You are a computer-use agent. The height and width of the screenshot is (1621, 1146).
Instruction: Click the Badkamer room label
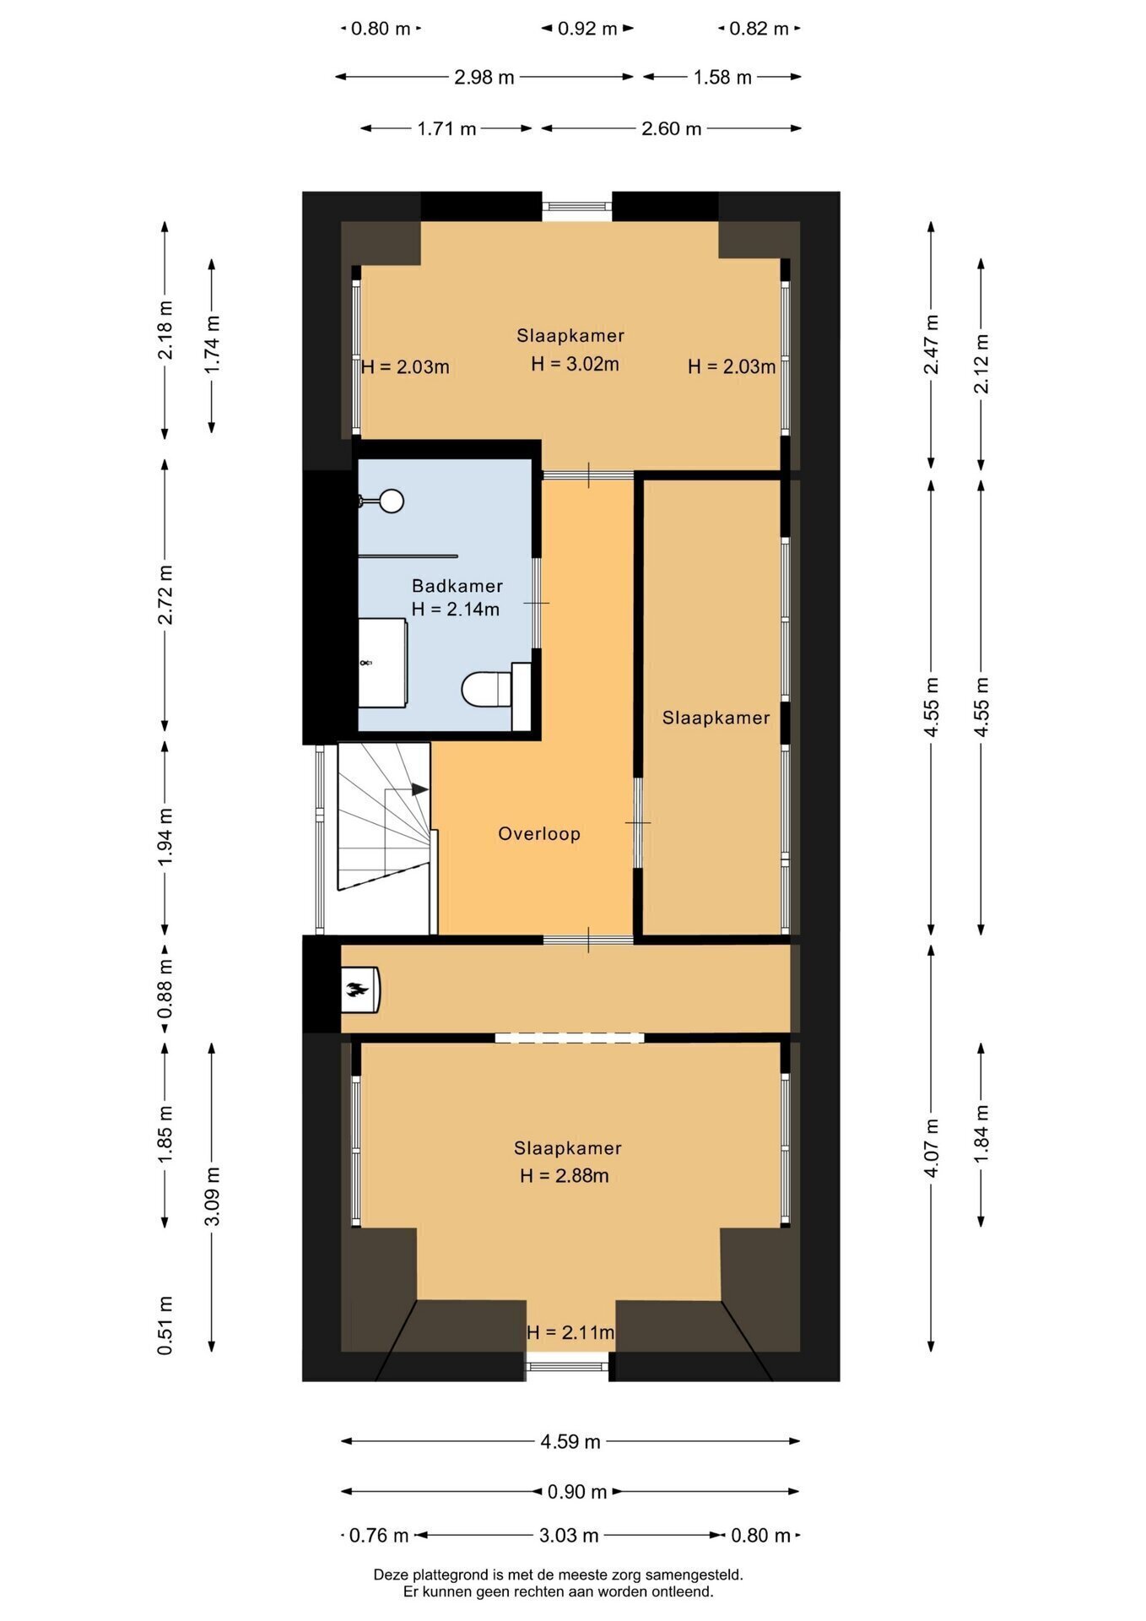click(x=457, y=585)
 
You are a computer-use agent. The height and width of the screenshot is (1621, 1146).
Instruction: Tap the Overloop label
click(x=539, y=834)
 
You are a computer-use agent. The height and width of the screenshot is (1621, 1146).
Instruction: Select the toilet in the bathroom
click(x=487, y=689)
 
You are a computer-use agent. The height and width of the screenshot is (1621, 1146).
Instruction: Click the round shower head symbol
click(x=391, y=501)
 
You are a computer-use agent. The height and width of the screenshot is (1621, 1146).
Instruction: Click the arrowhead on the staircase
click(x=420, y=789)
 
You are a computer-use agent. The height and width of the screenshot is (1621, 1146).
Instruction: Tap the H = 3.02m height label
click(x=575, y=364)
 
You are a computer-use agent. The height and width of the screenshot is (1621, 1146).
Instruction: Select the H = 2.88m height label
click(x=564, y=1175)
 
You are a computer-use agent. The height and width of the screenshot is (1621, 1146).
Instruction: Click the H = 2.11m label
click(x=570, y=1332)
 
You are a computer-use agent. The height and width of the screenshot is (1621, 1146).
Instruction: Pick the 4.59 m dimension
click(x=570, y=1441)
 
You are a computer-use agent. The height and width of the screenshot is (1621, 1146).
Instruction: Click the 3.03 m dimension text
click(x=569, y=1535)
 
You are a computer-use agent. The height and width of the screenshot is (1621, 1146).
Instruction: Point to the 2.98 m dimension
click(x=484, y=77)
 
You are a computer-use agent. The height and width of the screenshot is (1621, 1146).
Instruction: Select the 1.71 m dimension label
click(x=446, y=128)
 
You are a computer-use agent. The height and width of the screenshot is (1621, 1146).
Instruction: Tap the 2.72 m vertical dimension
click(x=165, y=594)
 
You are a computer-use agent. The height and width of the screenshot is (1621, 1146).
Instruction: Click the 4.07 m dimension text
click(x=932, y=1147)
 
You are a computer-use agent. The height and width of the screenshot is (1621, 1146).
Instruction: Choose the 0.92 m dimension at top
click(x=587, y=29)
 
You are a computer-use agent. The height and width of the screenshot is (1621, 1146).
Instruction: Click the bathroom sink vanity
click(x=383, y=663)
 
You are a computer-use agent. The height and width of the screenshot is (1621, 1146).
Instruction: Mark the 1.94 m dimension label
click(x=165, y=835)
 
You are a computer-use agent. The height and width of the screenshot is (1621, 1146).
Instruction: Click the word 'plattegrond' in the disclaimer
click(x=455, y=1575)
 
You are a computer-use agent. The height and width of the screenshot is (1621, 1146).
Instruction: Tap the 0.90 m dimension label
click(x=577, y=1492)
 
